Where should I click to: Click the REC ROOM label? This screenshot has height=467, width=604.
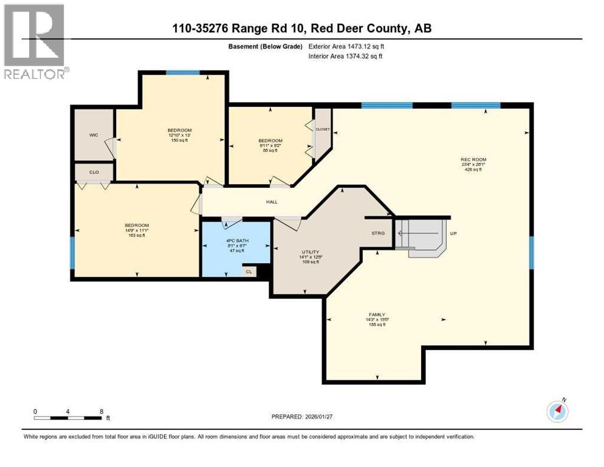pos(473,160)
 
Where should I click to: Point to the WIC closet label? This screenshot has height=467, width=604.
pos(94,136)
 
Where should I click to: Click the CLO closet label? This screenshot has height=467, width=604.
pos(94,173)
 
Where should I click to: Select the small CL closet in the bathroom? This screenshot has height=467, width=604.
pos(249,272)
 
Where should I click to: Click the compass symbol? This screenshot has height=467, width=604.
pos(557,412)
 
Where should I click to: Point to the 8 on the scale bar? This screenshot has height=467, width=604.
pos(100,411)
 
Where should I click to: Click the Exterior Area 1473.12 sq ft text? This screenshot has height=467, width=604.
pos(346,46)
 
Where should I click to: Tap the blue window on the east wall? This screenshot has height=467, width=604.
pos(531,253)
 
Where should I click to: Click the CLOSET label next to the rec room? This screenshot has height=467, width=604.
pos(322,130)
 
